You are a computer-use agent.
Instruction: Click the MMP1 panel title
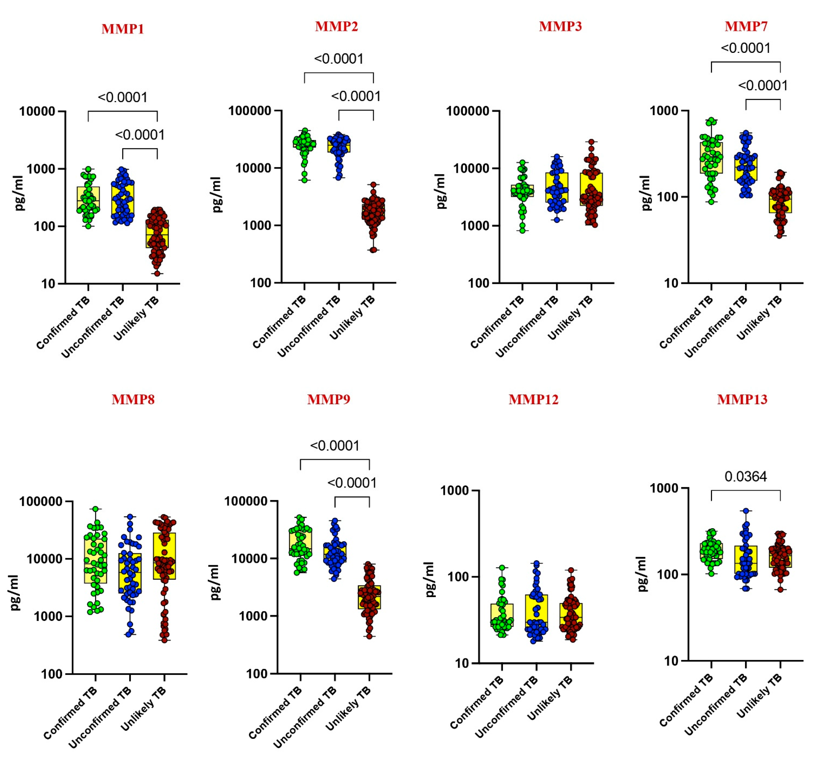tap(123, 29)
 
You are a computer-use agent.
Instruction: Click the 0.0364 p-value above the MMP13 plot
tap(746, 477)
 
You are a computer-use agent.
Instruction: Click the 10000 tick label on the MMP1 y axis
tap(37, 111)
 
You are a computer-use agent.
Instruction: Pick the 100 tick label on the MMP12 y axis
tap(459, 577)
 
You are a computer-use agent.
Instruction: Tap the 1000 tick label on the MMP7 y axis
tap(664, 111)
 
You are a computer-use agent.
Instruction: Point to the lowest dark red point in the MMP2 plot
tap(374, 250)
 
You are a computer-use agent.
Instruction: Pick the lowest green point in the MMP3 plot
tap(522, 231)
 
